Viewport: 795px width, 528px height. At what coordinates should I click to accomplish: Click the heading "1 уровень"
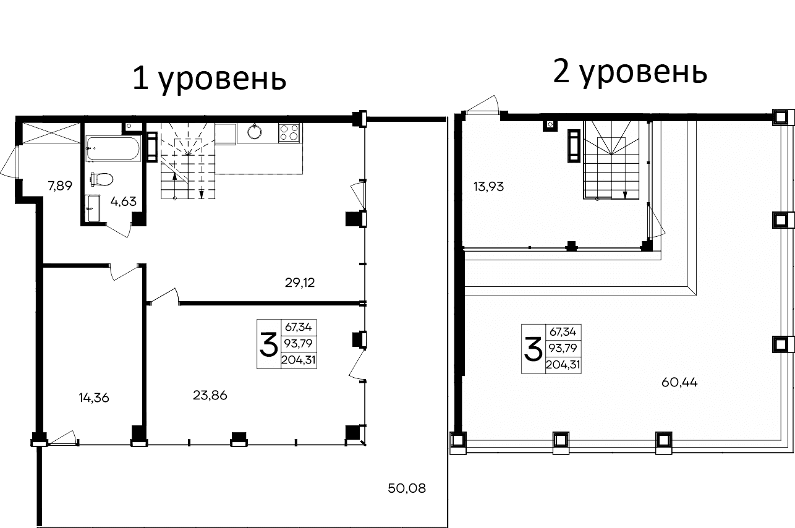coord(210,80)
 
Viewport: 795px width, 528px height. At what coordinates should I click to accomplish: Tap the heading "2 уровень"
coord(630,73)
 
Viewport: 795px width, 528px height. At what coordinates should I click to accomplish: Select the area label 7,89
coord(61,185)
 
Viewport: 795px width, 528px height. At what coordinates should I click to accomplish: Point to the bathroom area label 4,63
coord(123,200)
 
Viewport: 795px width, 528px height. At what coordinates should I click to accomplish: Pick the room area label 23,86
coord(210,396)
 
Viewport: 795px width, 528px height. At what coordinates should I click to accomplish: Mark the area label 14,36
coord(94,398)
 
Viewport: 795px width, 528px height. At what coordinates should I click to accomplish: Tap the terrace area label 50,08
coord(407,488)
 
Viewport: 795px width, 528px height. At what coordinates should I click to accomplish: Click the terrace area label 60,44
coord(679,382)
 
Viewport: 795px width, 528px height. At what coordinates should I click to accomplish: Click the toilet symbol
coord(101,179)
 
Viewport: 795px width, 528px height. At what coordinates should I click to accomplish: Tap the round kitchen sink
coord(254,132)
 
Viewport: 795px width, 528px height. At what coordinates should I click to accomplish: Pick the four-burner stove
coord(289,132)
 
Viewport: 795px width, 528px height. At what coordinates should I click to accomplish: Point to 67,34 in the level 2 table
coord(563,333)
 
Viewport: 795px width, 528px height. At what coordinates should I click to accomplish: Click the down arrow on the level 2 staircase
coord(625,194)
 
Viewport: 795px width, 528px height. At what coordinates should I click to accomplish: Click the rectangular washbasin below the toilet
coord(93,208)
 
